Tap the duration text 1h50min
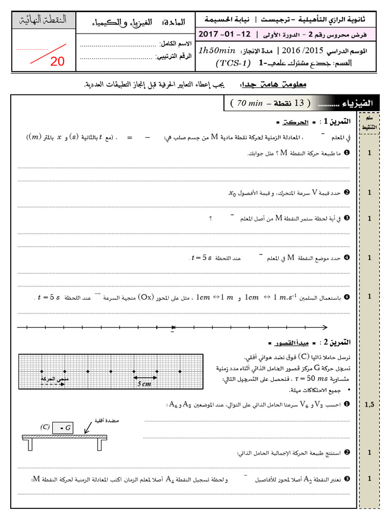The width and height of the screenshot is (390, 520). (x=217, y=51)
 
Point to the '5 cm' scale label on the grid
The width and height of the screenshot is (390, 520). (x=145, y=384)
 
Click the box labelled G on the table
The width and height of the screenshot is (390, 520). (x=64, y=428)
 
